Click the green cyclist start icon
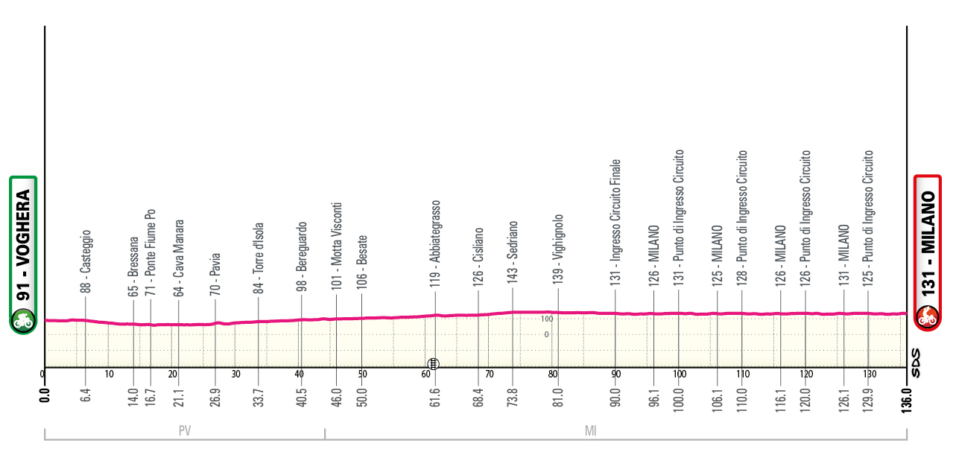click(23, 320)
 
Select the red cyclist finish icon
click(928, 318)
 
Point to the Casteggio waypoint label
click(86, 261)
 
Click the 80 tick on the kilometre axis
click(552, 374)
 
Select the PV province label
click(183, 430)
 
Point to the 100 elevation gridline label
click(546, 319)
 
